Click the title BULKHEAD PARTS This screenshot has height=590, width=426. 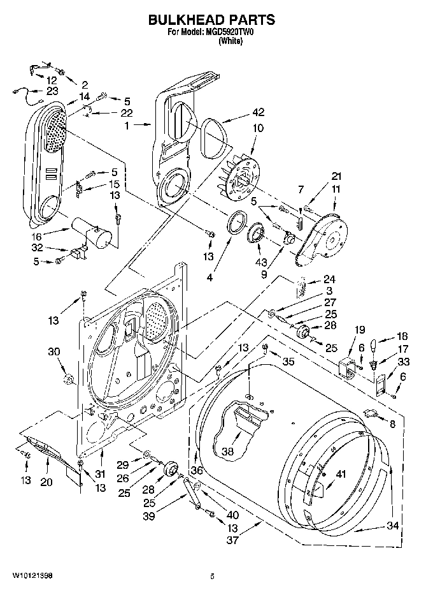(212, 19)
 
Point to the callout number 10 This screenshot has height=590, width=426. (258, 128)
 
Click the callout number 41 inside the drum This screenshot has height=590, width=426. (342, 473)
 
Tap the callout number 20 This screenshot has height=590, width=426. (46, 482)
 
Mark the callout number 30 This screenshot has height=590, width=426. (53, 351)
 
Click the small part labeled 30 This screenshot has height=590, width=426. (68, 381)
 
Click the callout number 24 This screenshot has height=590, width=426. (329, 279)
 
